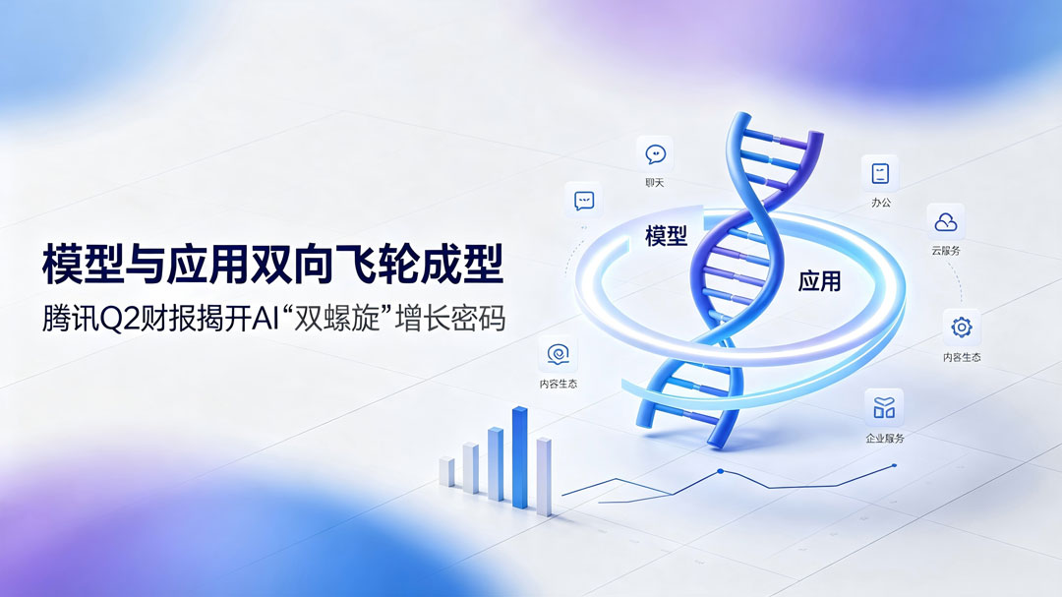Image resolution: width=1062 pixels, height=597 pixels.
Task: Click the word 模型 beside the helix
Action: [667, 236]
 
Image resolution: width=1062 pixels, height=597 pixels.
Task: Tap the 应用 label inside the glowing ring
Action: [819, 280]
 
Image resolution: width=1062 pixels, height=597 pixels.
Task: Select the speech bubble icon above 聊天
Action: [655, 154]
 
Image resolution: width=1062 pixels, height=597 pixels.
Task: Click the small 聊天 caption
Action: [655, 183]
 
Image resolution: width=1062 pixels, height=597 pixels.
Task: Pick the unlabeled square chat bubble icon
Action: [584, 201]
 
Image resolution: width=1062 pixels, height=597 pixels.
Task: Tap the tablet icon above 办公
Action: [880, 173]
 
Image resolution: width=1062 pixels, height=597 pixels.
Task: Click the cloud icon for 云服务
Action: [946, 221]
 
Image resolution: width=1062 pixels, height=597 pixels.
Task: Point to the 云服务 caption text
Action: [946, 251]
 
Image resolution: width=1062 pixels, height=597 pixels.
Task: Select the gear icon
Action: [961, 328]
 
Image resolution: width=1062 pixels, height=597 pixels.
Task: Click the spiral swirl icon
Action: [559, 354]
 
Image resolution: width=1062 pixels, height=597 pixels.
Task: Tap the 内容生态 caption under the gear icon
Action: [962, 357]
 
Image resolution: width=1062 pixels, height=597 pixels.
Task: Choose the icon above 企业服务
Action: [884, 407]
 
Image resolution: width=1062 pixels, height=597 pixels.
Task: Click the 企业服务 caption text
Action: [885, 439]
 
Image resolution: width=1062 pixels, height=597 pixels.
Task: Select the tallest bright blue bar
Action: [519, 456]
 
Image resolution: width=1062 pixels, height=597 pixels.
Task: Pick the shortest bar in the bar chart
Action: [446, 472]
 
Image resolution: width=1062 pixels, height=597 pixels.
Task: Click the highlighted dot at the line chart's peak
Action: [720, 471]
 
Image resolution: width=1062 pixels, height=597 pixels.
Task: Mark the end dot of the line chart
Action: [895, 465]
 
